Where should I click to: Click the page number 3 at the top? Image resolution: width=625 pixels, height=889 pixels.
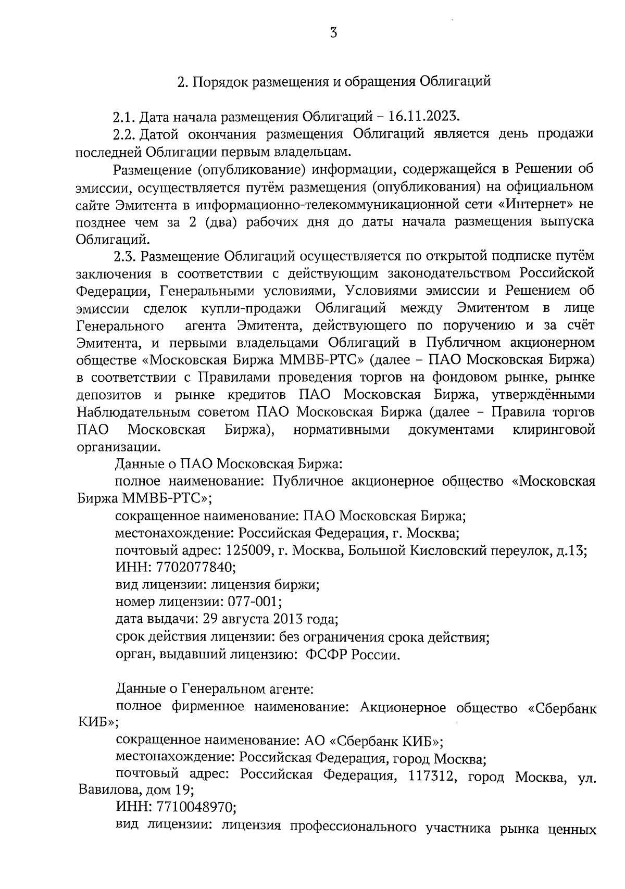[x=333, y=33]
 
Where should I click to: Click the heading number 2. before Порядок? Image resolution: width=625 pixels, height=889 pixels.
[x=182, y=82]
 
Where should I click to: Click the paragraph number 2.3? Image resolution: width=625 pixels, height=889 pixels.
[x=124, y=256]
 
